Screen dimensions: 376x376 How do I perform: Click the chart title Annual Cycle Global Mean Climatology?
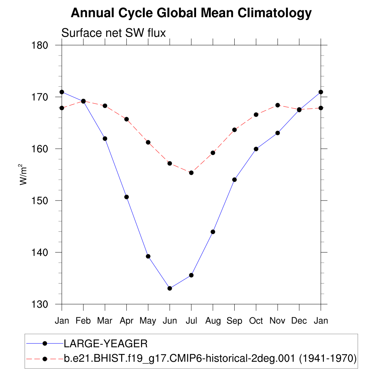191,13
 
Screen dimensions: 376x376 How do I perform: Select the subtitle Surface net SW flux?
113,33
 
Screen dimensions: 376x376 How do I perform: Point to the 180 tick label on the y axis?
40,46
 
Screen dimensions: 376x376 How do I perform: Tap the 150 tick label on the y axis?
40,201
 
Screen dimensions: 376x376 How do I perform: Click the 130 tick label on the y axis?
40,304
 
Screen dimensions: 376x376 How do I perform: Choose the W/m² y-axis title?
23,174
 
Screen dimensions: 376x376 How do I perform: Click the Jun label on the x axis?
170,321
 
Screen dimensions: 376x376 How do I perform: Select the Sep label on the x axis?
234,321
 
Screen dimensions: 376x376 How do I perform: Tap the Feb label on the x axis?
83,321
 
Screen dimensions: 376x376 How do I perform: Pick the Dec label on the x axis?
299,321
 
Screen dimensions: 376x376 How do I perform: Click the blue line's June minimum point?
170,288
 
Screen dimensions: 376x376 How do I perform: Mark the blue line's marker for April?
127,197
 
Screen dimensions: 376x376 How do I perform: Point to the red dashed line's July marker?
191,173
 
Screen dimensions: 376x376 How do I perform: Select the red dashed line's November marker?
278,105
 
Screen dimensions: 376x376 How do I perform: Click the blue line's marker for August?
213,232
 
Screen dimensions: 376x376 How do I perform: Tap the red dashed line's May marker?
148,142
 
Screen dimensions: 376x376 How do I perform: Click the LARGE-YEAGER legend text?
106,344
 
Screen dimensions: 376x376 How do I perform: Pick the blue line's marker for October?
256,149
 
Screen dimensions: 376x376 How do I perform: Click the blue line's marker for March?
105,138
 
